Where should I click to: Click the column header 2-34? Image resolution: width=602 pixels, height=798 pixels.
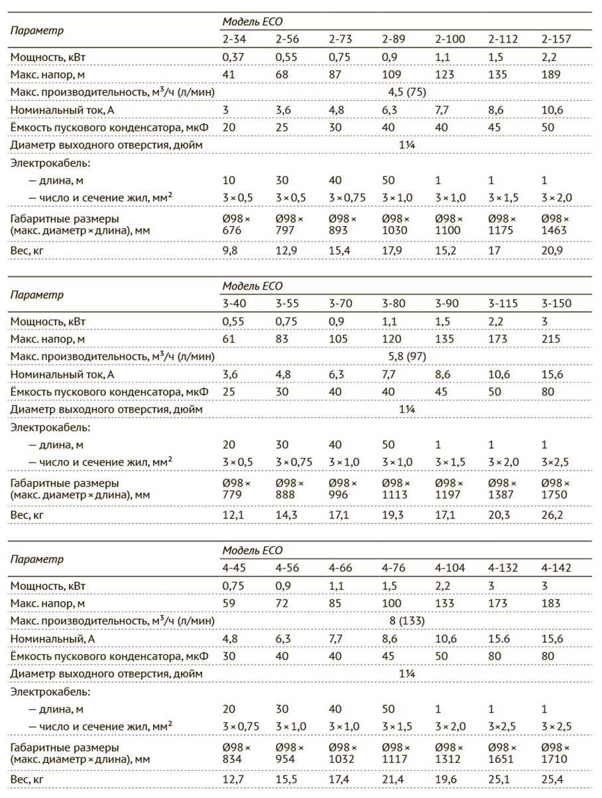(x=235, y=39)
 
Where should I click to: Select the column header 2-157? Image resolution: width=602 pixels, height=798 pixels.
(x=556, y=39)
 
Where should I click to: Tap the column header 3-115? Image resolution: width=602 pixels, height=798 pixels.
(x=503, y=304)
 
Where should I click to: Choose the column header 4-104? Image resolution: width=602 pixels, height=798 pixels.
(x=451, y=567)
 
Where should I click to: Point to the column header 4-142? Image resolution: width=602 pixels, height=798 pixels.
(x=556, y=567)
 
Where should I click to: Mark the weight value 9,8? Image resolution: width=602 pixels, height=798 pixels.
(x=230, y=251)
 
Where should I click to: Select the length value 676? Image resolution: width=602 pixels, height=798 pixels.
(x=231, y=229)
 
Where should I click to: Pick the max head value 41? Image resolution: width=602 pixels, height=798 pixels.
(x=229, y=74)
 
